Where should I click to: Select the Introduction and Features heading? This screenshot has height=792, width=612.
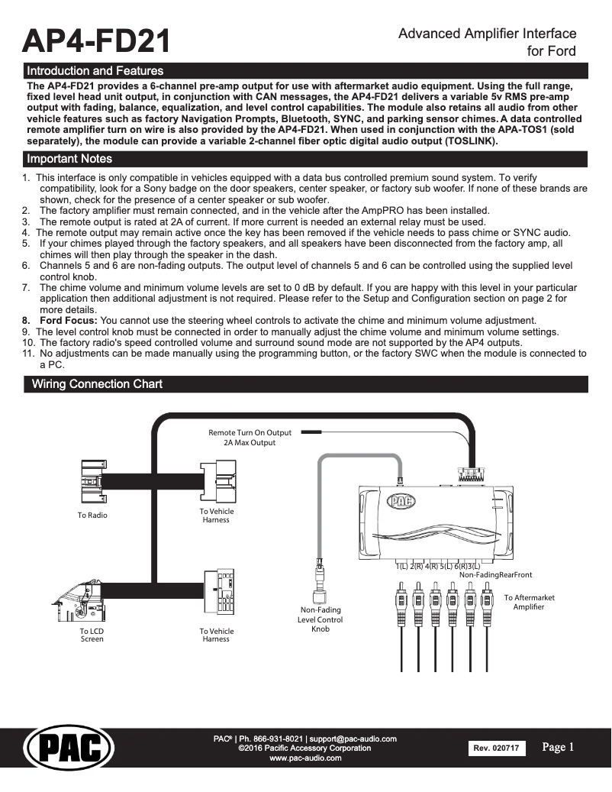95,71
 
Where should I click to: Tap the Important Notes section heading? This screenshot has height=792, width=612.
69,159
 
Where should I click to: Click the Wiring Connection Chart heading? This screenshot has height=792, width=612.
97,383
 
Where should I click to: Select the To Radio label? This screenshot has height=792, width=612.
92,516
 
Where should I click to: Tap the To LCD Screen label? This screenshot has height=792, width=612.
92,635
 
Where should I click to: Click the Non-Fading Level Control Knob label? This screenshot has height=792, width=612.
320,619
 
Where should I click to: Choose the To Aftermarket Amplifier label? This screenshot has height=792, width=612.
529,602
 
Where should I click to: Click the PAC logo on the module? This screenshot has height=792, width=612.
401,501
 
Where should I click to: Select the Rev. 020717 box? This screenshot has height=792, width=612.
495,748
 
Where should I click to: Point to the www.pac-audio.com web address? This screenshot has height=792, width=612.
305,758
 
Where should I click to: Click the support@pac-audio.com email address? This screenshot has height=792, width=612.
353,739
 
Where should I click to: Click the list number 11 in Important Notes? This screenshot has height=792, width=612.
28,354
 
